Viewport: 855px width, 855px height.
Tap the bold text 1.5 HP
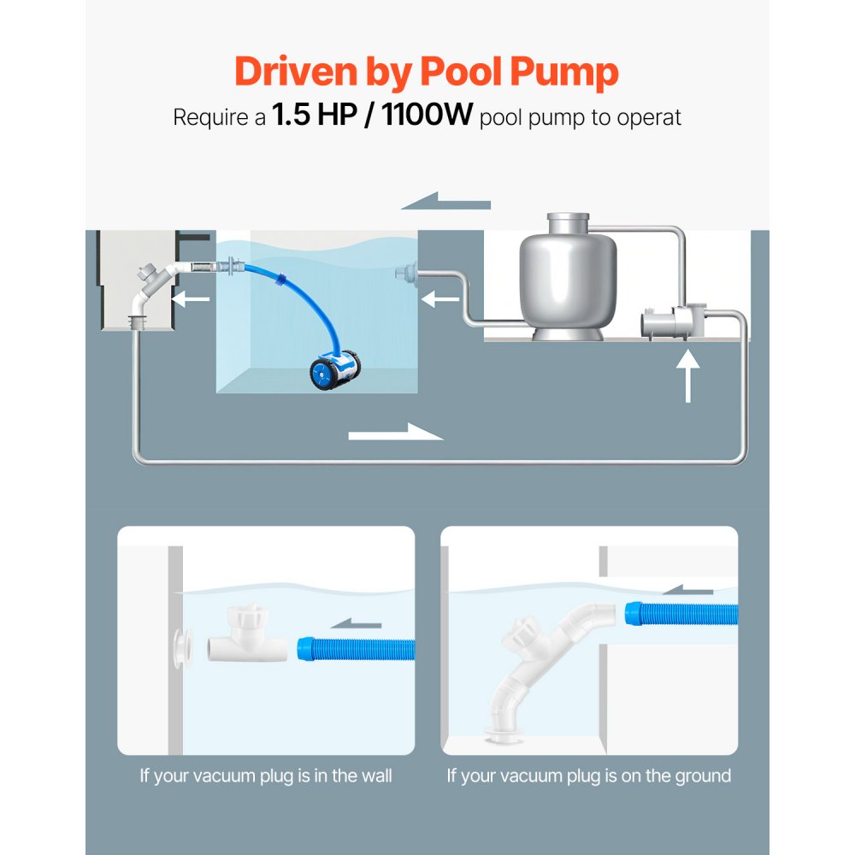point(311,115)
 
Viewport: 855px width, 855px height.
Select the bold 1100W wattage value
point(427,115)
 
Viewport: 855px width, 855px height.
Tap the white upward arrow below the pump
point(687,376)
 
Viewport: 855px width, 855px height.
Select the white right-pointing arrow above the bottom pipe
point(396,433)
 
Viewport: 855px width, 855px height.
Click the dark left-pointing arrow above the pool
point(445,203)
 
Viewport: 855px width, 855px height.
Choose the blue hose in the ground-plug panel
point(681,615)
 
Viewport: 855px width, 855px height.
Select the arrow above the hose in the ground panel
point(689,588)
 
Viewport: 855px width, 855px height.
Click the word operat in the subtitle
point(652,117)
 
